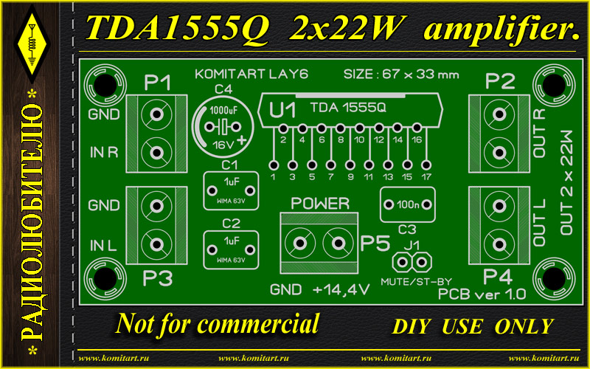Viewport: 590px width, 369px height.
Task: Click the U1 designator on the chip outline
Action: (x=282, y=110)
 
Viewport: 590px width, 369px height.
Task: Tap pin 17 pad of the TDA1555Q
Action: (x=426, y=165)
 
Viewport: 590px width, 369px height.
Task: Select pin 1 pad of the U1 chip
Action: (x=274, y=165)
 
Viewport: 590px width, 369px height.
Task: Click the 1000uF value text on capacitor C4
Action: (x=223, y=110)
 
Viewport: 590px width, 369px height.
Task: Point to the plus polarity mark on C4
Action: (x=241, y=140)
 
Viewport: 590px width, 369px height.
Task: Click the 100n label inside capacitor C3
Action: (x=408, y=205)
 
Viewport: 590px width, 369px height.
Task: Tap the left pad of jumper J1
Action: (x=402, y=262)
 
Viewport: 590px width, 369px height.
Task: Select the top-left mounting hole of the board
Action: (x=105, y=86)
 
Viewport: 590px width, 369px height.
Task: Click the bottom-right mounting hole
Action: (x=554, y=279)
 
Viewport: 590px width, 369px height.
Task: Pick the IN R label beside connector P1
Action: (x=104, y=152)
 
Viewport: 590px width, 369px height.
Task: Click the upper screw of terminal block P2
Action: (x=499, y=114)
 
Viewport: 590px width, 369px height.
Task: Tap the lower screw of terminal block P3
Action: (x=156, y=244)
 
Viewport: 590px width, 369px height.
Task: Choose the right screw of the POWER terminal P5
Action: (x=338, y=244)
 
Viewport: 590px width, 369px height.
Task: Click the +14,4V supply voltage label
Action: (x=341, y=290)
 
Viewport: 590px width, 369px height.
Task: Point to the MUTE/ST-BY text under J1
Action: (x=416, y=282)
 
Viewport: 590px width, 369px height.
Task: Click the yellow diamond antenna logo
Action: (x=32, y=44)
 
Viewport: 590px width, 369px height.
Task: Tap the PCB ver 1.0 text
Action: (x=482, y=294)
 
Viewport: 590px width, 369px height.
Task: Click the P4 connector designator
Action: (x=498, y=277)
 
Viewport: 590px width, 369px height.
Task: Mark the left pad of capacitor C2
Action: (x=212, y=249)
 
